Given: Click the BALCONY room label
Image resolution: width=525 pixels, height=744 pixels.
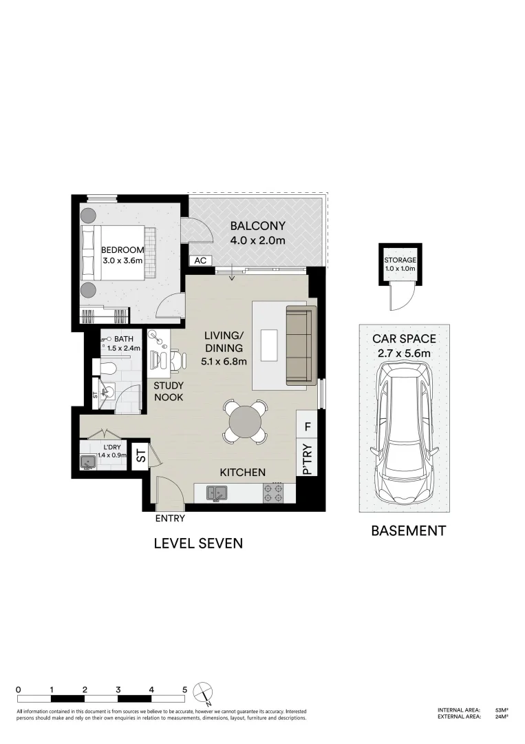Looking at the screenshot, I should click(x=257, y=226).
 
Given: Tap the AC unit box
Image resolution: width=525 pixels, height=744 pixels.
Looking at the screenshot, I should click(x=201, y=260).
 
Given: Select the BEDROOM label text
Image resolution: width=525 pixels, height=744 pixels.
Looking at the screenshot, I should click(x=122, y=250).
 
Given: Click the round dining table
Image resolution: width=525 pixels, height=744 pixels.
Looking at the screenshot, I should click(x=245, y=421).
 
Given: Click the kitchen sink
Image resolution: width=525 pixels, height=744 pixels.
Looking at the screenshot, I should click(x=217, y=493).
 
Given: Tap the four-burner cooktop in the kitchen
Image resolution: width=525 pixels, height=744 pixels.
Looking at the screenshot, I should click(x=274, y=493).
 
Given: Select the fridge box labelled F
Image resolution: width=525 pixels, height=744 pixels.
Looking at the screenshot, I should click(x=308, y=427).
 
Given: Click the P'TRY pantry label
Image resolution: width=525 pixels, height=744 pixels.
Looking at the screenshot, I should click(x=308, y=459).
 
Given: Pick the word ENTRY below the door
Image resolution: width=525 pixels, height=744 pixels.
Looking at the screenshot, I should click(x=170, y=518).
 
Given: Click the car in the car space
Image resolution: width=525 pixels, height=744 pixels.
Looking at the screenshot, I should click(x=403, y=434).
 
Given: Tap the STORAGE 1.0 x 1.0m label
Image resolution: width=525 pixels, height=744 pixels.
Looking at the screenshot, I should click(x=400, y=265).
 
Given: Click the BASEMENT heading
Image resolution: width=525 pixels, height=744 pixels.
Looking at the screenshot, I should click(x=408, y=531).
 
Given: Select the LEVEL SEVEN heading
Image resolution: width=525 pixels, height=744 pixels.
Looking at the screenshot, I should click(x=198, y=544).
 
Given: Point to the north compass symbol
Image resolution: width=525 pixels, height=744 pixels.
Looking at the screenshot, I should click(x=202, y=690).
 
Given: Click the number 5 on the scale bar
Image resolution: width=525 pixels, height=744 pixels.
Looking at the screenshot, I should click(x=184, y=689).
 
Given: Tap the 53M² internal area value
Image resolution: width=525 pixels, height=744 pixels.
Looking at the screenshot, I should click(x=501, y=710).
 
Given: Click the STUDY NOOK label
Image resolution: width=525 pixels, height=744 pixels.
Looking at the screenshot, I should click(x=168, y=391).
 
